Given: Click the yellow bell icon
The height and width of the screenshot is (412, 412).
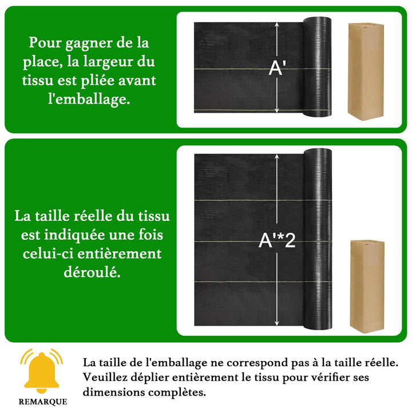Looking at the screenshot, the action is tap(42, 371).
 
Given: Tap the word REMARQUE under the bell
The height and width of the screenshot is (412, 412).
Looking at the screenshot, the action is tap(43, 402).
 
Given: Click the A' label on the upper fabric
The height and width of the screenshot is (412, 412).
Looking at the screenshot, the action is tap(277, 68).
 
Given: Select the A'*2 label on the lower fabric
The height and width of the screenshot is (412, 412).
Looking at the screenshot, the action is tap(277, 240).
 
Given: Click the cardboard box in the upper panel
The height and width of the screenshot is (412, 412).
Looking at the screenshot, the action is tap(366, 72).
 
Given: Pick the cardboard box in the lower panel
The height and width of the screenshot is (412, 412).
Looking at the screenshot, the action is tap(367, 287).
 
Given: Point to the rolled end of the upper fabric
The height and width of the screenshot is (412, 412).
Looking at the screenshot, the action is tap(317, 67).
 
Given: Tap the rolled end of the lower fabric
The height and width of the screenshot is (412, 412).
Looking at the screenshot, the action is tap(318, 239).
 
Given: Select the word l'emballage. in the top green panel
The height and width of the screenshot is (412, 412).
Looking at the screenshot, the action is tap(89, 100).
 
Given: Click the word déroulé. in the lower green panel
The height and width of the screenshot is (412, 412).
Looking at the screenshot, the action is tap(92, 272).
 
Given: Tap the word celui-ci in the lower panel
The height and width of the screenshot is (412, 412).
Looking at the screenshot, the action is tap(48, 253).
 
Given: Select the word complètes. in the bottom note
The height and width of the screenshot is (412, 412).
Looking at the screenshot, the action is tap(177, 393).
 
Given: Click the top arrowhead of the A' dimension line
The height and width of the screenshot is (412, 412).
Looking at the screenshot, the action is tap(277, 25).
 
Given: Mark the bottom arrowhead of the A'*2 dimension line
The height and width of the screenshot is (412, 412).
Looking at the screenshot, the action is tap(277, 323).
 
